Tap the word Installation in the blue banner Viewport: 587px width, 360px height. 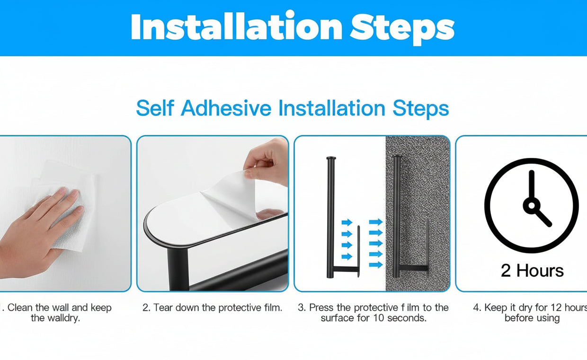(x=236, y=26)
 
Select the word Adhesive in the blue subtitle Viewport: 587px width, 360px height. (x=226, y=108)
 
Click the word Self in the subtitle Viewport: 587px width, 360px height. (x=155, y=108)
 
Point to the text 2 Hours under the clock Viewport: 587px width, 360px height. (x=532, y=271)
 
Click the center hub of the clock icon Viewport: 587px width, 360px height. (x=532, y=205)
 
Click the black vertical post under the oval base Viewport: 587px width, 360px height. (x=178, y=269)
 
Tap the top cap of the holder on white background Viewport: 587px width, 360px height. (x=331, y=158)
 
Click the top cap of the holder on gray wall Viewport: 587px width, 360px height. (x=397, y=157)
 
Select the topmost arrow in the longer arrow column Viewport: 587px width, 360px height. (x=375, y=222)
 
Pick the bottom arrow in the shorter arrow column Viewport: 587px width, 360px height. (x=347, y=256)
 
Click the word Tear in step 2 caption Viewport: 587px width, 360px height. (x=163, y=307)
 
